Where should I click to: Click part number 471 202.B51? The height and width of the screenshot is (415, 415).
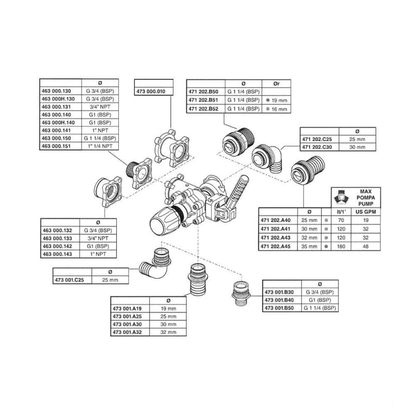203,100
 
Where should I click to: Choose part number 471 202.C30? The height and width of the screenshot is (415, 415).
320,147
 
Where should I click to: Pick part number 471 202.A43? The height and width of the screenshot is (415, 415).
278,238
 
